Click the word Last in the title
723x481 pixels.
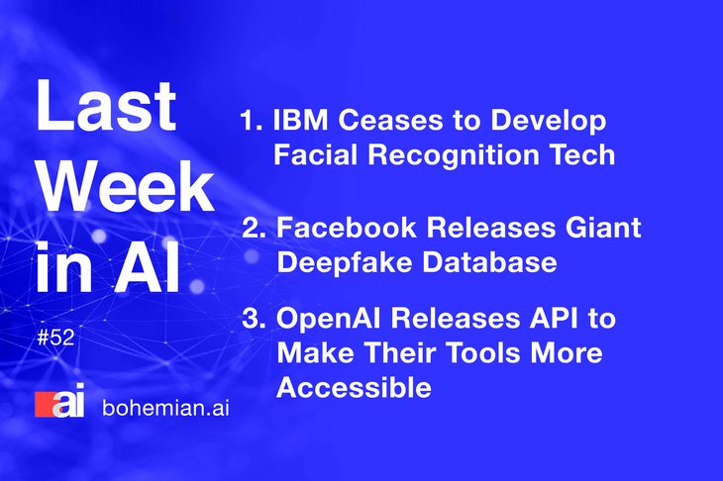[x=106, y=106]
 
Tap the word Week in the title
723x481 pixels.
[x=126, y=186]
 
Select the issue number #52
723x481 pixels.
[x=55, y=337]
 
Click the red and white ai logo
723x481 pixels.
[x=60, y=400]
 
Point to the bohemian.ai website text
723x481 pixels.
[x=165, y=408]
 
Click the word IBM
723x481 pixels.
[x=301, y=120]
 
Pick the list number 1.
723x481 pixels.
[x=252, y=120]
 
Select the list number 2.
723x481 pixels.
[x=255, y=228]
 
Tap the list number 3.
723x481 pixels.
[x=255, y=318]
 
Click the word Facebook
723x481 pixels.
[x=347, y=228]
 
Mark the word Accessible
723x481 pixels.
[x=355, y=387]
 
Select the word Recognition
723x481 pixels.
[x=454, y=155]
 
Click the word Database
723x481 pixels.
[x=489, y=262]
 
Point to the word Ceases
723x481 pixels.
[x=390, y=120]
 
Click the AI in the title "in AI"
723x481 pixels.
[x=148, y=266]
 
